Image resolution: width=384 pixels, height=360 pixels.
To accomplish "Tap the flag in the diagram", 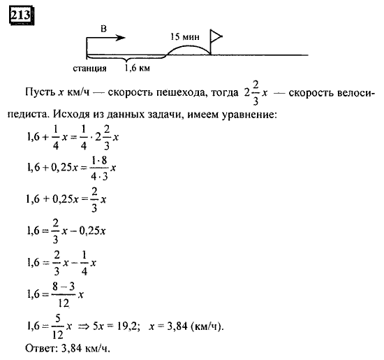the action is pos(216,37).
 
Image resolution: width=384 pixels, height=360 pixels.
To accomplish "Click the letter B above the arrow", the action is pos(103,29).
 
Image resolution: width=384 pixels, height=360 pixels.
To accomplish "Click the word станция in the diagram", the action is pos(89,69).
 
